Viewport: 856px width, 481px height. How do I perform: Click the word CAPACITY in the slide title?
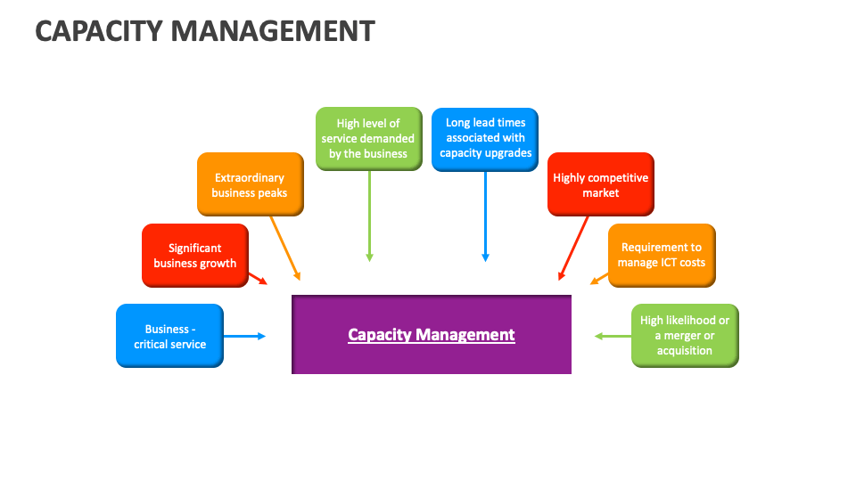click(99, 31)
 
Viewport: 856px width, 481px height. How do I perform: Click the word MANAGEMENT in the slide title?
click(273, 31)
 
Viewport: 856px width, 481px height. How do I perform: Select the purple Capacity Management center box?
click(432, 334)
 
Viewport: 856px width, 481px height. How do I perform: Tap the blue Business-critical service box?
click(169, 336)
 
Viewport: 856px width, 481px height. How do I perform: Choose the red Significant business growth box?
click(195, 256)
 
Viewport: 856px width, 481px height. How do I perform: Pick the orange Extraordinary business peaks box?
click(250, 184)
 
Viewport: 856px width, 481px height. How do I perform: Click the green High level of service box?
click(368, 138)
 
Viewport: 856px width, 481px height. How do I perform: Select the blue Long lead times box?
click(485, 138)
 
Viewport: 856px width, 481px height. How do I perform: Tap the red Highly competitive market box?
click(600, 184)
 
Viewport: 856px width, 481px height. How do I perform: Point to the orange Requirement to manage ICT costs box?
click(662, 255)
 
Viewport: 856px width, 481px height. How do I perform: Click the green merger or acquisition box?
click(685, 336)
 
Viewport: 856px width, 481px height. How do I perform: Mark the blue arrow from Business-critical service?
click(244, 336)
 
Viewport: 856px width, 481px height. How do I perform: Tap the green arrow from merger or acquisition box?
click(613, 336)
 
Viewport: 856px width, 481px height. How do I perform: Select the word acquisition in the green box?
click(685, 351)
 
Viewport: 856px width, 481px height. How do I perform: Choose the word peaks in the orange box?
click(273, 192)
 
